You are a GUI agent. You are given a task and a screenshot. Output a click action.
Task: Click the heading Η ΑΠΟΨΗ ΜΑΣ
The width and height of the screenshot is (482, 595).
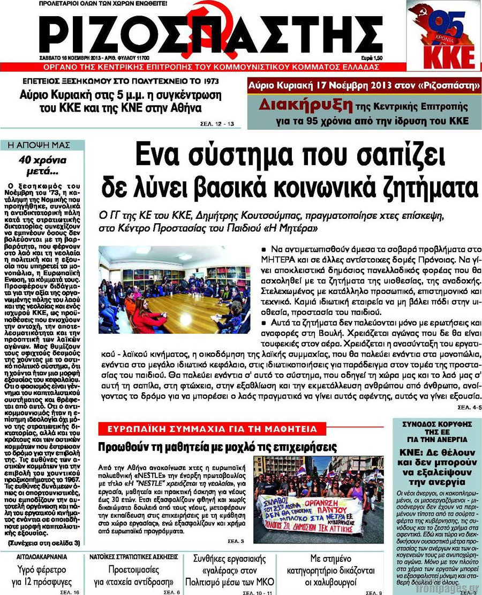[x=42, y=145]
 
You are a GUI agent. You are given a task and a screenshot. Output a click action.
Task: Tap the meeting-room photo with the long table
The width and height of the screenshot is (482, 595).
[x=175, y=290]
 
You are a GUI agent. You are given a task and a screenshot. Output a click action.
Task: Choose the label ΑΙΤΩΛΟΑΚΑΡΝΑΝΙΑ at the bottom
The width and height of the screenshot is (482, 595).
[x=37, y=557]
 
